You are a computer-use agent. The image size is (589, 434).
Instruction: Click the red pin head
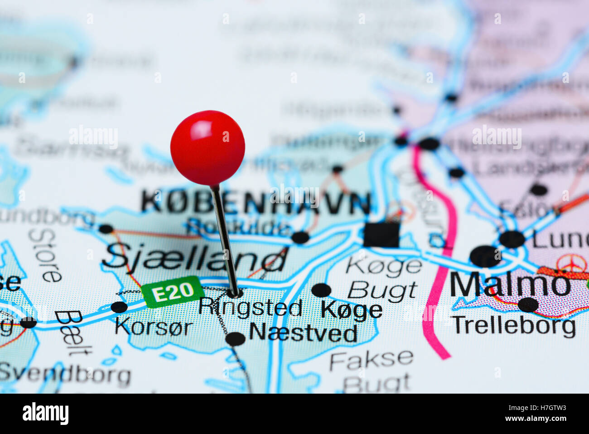click(208, 148)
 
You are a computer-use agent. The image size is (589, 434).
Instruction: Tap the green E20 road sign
click(173, 292)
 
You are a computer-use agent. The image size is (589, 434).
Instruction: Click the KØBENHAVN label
click(256, 203)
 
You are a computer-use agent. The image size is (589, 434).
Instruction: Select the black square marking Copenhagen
click(381, 234)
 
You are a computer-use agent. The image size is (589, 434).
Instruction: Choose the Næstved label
click(303, 333)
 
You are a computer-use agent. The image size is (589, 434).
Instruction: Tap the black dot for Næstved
click(235, 339)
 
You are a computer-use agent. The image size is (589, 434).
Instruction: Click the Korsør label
click(154, 327)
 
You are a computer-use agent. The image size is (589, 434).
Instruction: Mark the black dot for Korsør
click(119, 307)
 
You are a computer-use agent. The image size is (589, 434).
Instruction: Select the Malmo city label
click(510, 285)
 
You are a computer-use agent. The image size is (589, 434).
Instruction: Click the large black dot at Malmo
click(485, 256)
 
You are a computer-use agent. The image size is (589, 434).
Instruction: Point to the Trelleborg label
click(514, 326)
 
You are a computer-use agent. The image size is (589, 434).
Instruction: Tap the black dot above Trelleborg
click(528, 304)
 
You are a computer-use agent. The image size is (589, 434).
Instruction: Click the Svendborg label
click(65, 374)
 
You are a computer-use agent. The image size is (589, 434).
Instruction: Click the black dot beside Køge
click(321, 290)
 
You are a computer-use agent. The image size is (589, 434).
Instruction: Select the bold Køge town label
click(352, 310)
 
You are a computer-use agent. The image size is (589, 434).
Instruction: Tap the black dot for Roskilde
click(300, 237)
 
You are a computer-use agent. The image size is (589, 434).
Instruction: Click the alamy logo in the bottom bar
click(45, 414)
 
